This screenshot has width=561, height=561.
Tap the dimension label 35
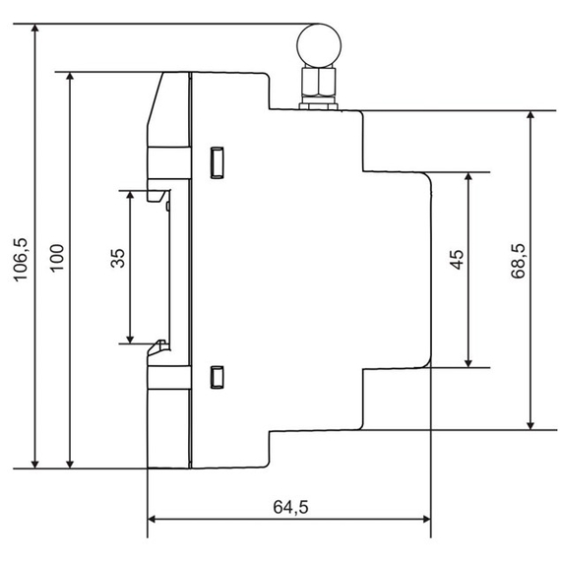117,261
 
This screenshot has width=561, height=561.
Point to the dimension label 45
455,262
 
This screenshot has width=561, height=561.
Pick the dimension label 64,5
289,507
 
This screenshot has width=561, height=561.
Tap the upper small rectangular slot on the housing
218,161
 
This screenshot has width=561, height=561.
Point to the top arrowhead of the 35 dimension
130,196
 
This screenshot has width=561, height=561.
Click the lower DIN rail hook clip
157,345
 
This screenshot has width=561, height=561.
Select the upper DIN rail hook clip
156,195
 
